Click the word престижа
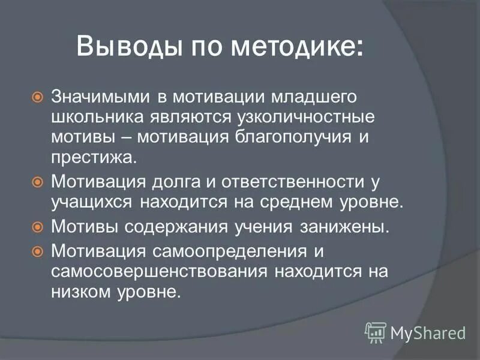pos(94,157)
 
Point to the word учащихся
pos(93,202)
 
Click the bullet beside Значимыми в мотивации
pos(37,97)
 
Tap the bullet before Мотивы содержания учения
pos(37,227)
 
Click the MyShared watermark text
pos(427,331)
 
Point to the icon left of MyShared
pos(375,331)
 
